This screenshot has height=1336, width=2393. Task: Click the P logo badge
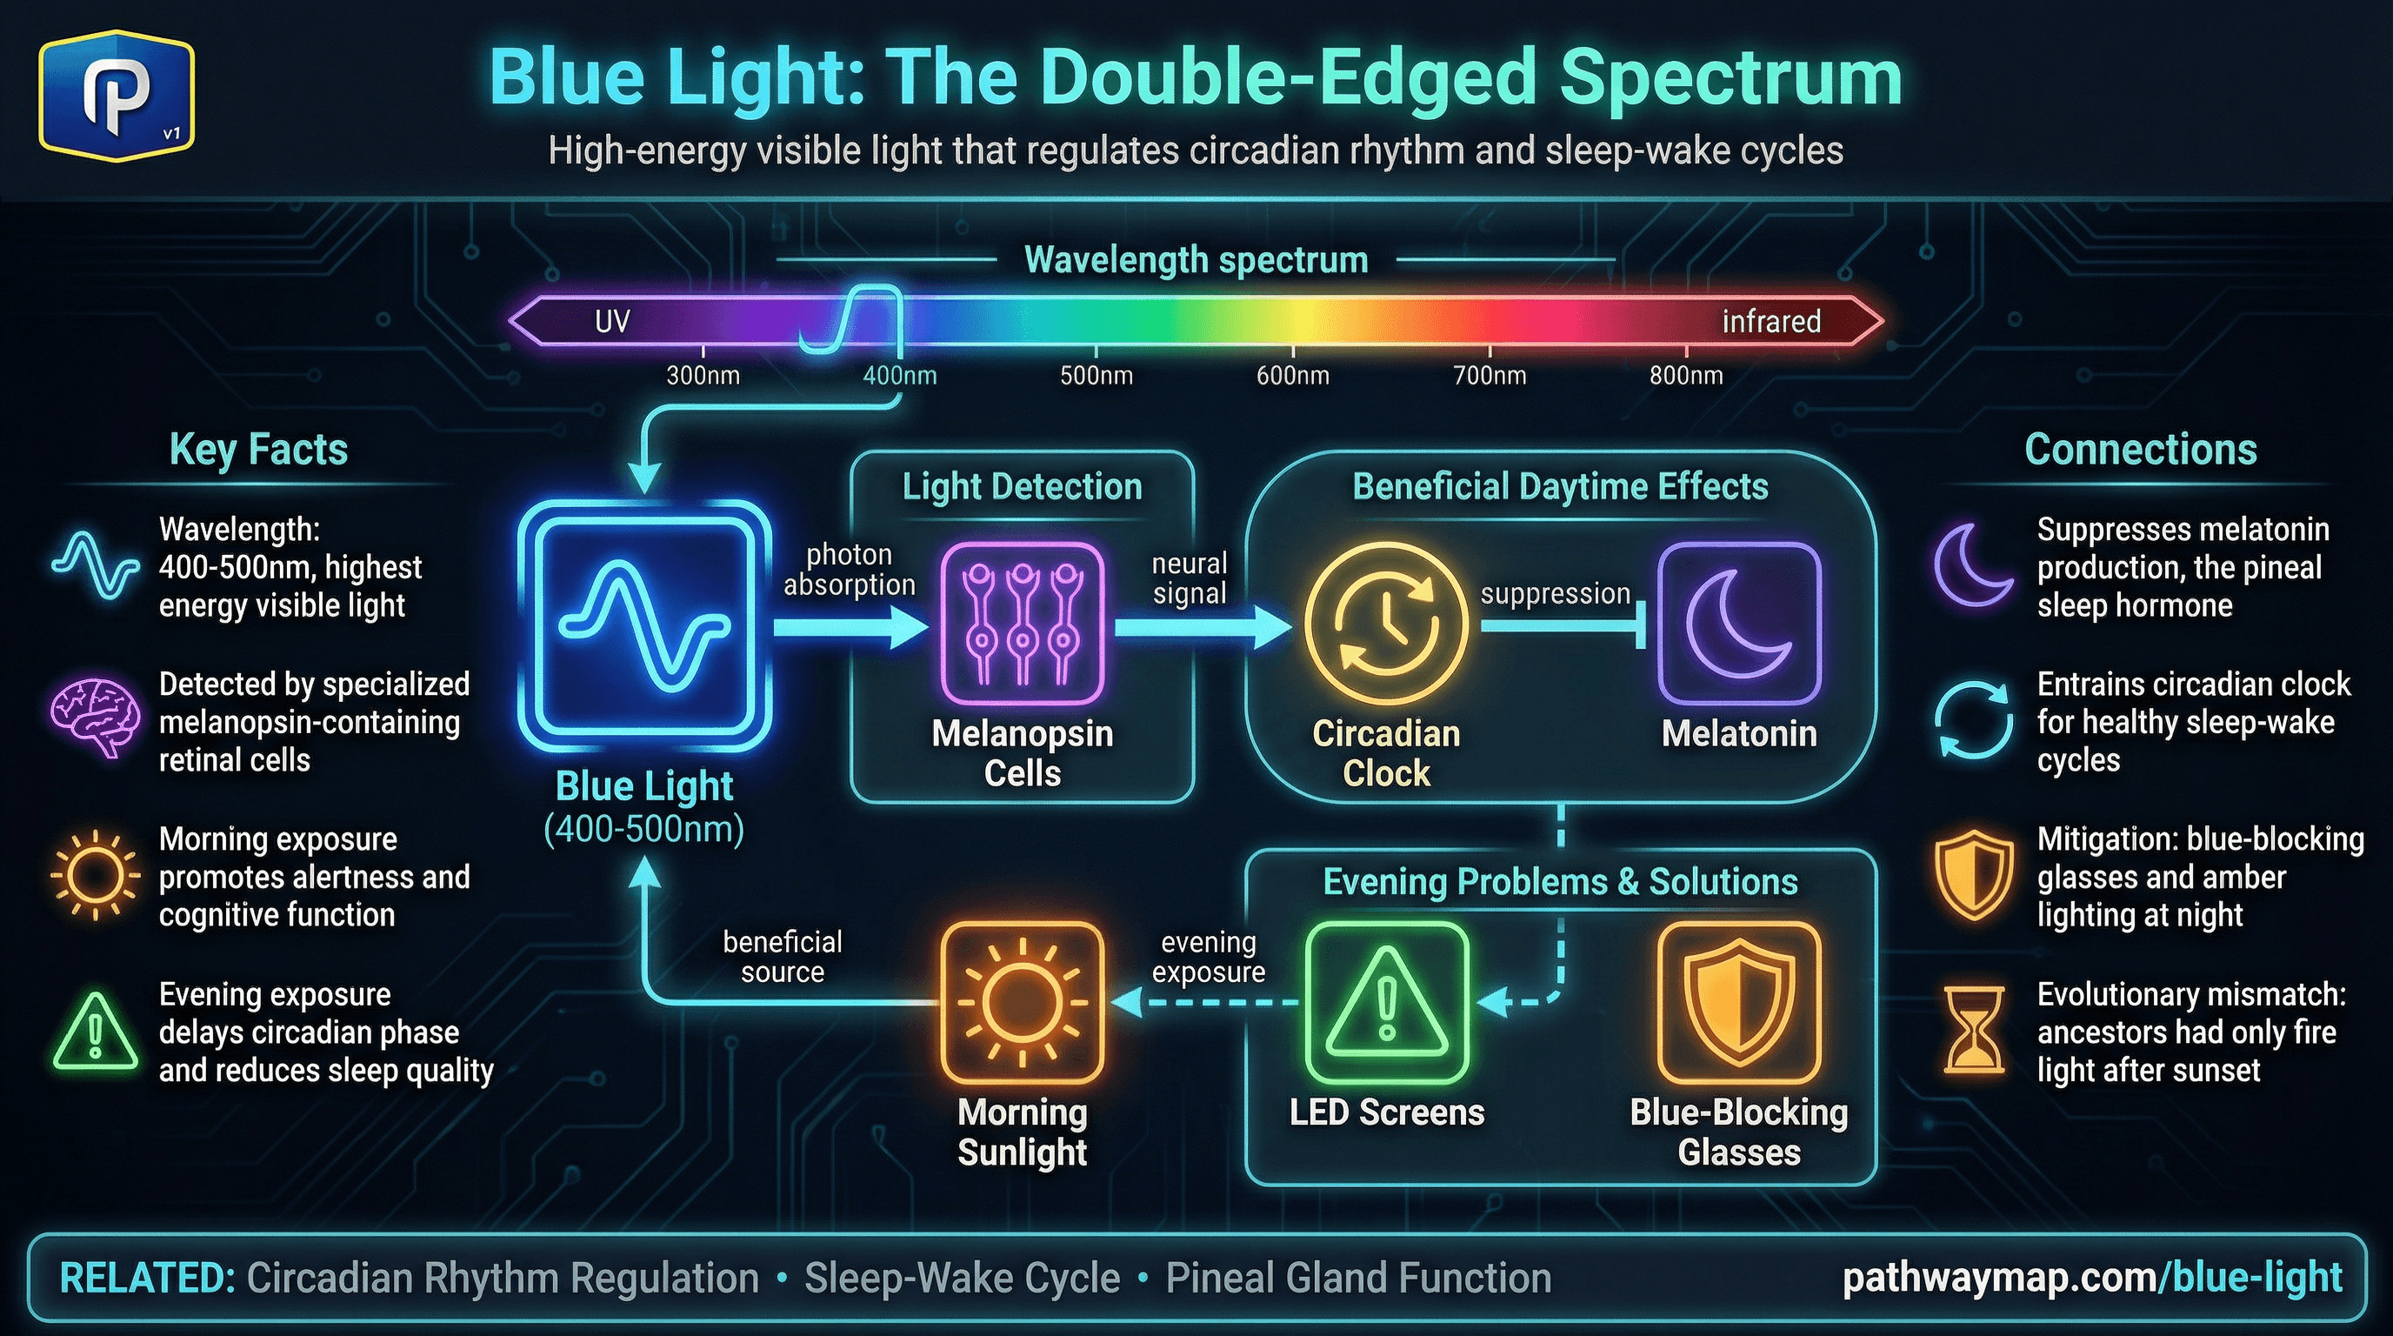click(x=117, y=96)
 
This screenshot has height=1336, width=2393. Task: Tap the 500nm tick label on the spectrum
click(x=1097, y=376)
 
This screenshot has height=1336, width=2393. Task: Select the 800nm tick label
click(x=1686, y=376)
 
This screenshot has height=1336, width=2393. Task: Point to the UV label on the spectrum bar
click(x=612, y=322)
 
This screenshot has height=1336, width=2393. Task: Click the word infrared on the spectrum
click(x=1770, y=322)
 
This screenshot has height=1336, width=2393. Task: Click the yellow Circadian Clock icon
click(x=1385, y=625)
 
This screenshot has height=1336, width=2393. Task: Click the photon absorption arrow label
click(x=849, y=570)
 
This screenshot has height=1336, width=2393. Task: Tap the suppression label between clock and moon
click(x=1555, y=594)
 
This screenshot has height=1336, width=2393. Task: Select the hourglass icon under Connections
click(x=1974, y=1032)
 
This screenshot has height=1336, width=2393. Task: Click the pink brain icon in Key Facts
click(x=95, y=719)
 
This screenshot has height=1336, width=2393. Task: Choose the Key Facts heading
click(x=258, y=450)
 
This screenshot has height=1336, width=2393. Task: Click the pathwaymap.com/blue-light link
click(x=2092, y=1278)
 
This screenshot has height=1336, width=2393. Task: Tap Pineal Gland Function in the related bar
click(x=1358, y=1279)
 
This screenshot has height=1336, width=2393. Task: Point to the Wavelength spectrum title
click(x=1196, y=260)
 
